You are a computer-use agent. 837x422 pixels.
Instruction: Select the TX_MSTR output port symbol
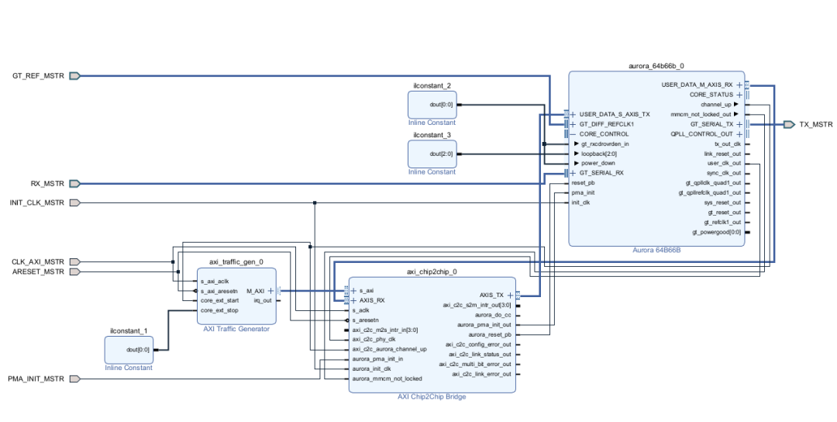pos(788,124)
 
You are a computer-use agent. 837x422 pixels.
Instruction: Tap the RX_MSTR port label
pos(47,184)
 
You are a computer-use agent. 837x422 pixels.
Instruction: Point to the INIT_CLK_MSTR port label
pos(37,203)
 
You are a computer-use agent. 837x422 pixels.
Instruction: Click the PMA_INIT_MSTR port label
pos(36,379)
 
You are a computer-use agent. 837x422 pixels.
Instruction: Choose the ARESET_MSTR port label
pos(40,272)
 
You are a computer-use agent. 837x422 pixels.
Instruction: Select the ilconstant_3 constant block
pos(432,154)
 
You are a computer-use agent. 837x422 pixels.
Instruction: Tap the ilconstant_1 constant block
pos(129,349)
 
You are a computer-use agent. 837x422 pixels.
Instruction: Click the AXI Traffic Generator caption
pos(236,329)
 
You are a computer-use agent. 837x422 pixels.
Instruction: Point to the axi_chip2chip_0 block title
pos(432,272)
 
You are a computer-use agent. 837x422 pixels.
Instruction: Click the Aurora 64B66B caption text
pos(656,251)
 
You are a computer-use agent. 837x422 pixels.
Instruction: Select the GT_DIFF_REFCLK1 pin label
pos(607,124)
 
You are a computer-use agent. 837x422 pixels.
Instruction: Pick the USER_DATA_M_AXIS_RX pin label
pos(697,85)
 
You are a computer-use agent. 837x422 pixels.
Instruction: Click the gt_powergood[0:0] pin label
pos(716,232)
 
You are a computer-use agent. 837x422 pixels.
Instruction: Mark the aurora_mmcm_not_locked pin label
pos(387,379)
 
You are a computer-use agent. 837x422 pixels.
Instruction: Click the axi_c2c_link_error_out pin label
pos(475,374)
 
